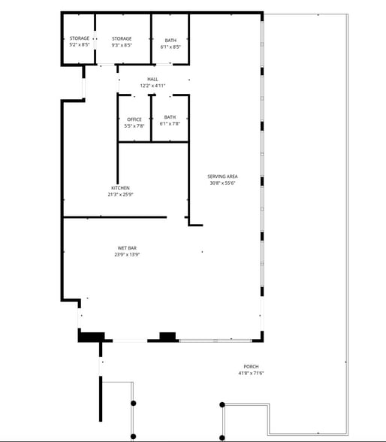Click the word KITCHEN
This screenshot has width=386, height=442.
coord(120,188)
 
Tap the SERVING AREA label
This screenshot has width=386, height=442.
coord(222,177)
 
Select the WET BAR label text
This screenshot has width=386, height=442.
coord(126,248)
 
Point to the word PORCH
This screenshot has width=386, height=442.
coord(251,367)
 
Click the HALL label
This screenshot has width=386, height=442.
coord(152,79)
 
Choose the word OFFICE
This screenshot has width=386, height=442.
coord(134,120)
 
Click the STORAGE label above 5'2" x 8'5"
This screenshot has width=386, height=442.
coord(80,38)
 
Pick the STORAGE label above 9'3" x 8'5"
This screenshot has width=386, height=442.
coord(122,38)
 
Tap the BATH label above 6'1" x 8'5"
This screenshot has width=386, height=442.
coord(170,40)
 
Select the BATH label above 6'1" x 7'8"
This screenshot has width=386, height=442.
coord(170,117)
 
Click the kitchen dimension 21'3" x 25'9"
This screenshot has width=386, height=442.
coord(120,195)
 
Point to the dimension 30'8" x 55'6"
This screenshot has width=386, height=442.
coord(222,183)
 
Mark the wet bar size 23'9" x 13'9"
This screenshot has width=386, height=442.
coord(126,255)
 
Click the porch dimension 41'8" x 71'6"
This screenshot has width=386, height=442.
coord(251,374)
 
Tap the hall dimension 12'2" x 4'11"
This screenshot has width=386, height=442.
coord(152,86)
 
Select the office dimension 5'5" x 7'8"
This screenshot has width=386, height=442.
coord(134,126)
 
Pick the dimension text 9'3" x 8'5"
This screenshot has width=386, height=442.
coord(122,45)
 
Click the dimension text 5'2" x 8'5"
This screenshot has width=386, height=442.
coord(80,45)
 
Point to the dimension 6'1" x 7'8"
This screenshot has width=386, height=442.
coord(170,124)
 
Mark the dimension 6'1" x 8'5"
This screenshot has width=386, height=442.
coord(170,47)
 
